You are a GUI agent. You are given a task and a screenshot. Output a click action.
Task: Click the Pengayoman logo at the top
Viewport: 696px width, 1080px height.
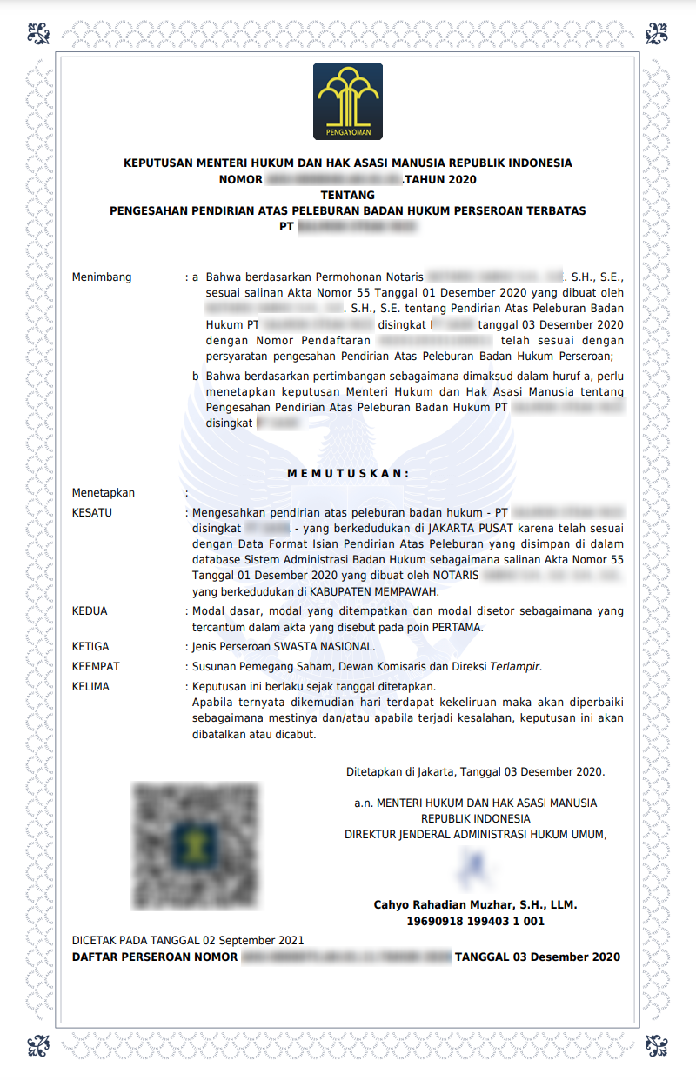(348, 102)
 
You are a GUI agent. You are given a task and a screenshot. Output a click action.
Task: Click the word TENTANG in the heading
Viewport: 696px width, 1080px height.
(348, 195)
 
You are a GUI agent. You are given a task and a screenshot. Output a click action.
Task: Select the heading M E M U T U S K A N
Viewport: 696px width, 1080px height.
(348, 473)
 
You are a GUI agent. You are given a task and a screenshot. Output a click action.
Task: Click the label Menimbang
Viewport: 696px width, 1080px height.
(102, 277)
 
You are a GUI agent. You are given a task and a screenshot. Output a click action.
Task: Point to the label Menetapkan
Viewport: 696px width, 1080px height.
(104, 493)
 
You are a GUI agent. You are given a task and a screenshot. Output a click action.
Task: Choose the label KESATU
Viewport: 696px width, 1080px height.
(91, 513)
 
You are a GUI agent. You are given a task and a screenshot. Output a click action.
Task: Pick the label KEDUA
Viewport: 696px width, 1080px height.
(90, 611)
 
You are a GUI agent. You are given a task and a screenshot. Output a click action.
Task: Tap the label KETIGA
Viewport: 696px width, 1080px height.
(90, 647)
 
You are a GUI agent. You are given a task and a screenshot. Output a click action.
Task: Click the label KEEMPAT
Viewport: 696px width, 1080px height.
(96, 667)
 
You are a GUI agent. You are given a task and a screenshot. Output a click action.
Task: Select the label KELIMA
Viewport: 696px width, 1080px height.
(90, 686)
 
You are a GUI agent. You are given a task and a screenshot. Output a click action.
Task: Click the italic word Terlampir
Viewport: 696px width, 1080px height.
(515, 667)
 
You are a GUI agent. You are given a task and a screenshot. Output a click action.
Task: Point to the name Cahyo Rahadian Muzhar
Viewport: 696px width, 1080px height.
(446, 905)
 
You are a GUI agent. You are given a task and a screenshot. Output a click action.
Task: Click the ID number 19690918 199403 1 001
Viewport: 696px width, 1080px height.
(475, 921)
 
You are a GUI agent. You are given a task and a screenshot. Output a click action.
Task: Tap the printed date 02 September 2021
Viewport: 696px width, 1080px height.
(253, 941)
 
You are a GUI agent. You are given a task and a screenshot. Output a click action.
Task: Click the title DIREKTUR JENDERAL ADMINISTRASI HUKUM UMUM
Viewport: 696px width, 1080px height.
(474, 835)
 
